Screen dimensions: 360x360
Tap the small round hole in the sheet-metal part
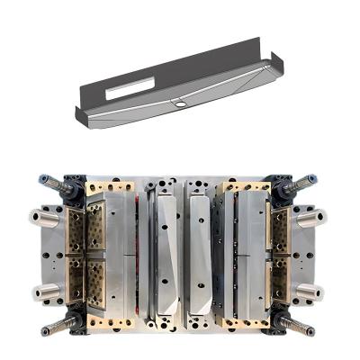(x=180, y=104)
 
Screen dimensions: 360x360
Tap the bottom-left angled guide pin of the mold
(x=56, y=323)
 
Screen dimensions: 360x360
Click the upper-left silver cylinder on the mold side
(x=43, y=217)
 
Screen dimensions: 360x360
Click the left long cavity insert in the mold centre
(x=167, y=256)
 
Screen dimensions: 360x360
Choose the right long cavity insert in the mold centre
(x=200, y=256)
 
